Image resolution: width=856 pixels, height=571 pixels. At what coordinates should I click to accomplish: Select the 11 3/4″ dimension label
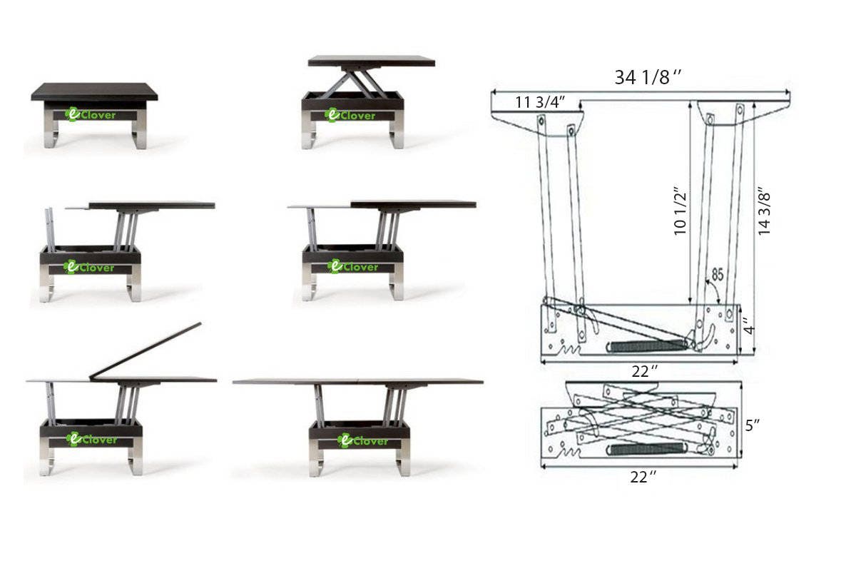[x=541, y=102]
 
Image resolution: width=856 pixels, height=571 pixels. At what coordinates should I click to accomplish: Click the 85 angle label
[x=716, y=274]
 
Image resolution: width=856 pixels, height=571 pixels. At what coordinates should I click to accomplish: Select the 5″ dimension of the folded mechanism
[x=753, y=426]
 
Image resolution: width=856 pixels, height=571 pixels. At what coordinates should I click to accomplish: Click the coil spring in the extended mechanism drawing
[x=646, y=345]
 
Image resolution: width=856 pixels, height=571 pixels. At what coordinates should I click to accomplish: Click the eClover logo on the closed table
[x=91, y=114]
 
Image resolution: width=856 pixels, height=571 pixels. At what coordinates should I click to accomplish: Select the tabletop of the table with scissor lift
[x=371, y=61]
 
